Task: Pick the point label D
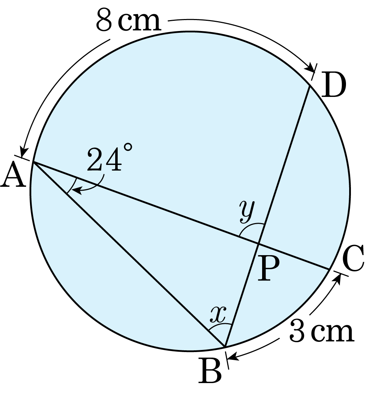(x=333, y=85)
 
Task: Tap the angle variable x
(x=218, y=314)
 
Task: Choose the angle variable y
(x=247, y=211)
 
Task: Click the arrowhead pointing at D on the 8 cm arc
(x=311, y=68)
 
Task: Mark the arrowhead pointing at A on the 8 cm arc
(x=24, y=152)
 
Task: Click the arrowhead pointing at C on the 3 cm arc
(x=338, y=278)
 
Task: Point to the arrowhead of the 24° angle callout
(x=76, y=191)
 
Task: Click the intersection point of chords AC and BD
(x=258, y=243)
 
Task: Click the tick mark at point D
(x=314, y=72)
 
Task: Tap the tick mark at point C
(x=341, y=273)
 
